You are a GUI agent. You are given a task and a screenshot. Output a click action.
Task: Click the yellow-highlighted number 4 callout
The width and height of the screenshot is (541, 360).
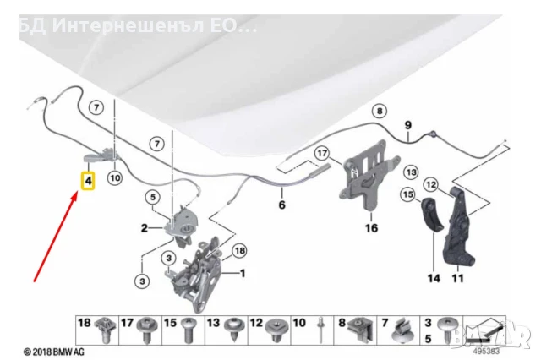[88, 180]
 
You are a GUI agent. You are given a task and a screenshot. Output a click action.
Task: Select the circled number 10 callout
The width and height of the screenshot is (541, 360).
[115, 177]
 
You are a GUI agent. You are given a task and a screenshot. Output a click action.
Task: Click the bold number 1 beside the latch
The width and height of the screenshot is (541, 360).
[242, 273]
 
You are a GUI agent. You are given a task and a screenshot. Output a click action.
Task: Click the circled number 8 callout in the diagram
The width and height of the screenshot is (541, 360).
[380, 111]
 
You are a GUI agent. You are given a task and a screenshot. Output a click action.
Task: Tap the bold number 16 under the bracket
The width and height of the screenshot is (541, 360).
[370, 227]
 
